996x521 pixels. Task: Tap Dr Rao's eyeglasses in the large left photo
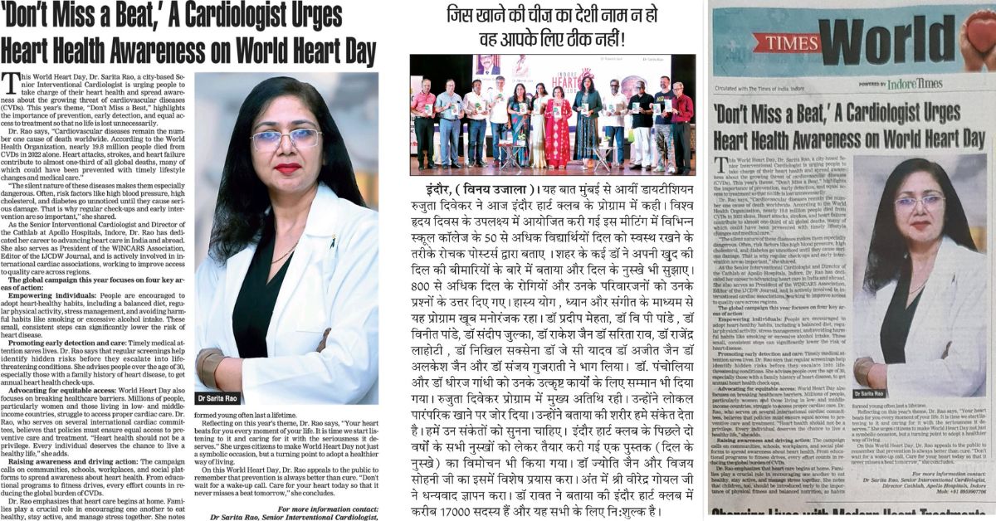285,138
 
